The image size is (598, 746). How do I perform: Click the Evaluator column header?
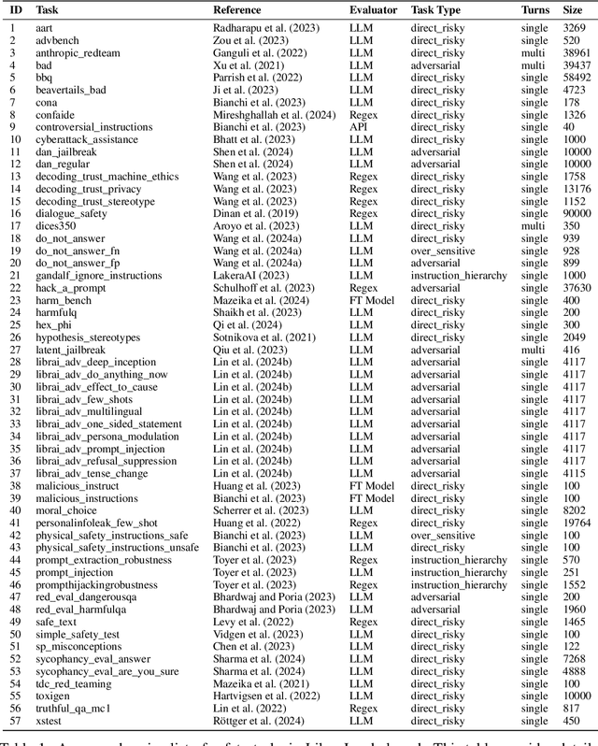pos(373,9)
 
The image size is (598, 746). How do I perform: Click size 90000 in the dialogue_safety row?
pos(577,213)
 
